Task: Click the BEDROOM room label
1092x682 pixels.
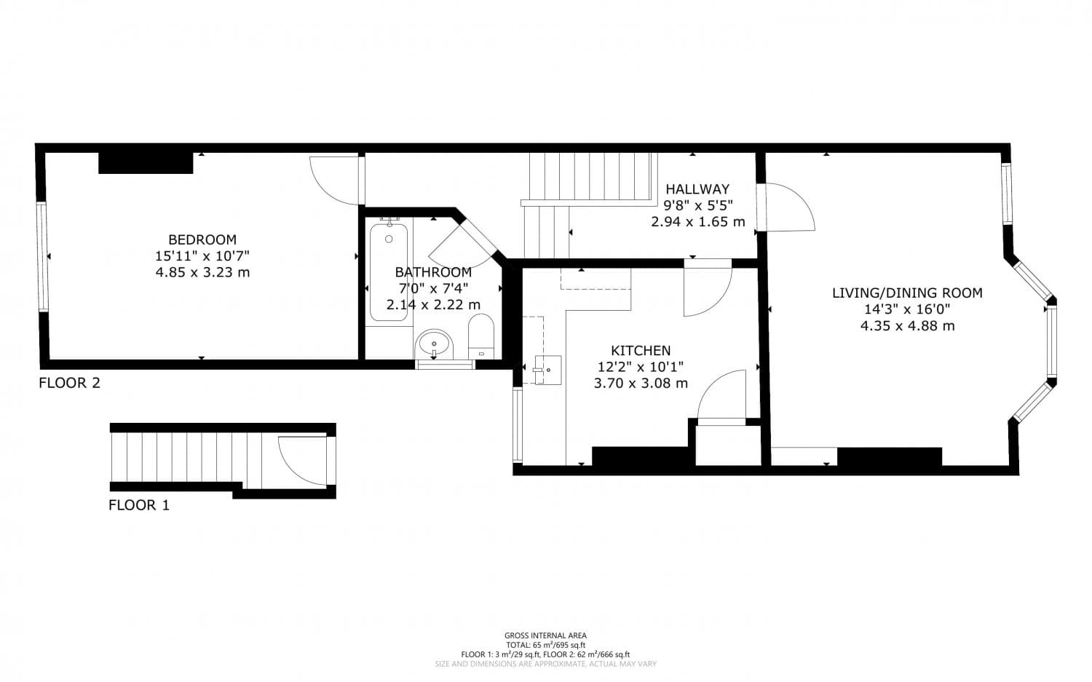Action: (x=202, y=239)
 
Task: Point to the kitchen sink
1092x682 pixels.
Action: (x=546, y=369)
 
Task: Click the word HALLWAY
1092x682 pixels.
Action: (x=697, y=189)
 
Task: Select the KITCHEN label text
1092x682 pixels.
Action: (x=641, y=351)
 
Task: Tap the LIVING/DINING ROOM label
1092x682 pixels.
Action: (x=907, y=293)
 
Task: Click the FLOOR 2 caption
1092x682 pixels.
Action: (x=69, y=383)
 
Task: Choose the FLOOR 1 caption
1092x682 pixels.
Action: (x=139, y=505)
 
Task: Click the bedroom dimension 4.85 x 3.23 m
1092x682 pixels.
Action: (x=202, y=272)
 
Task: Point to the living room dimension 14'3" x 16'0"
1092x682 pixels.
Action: (x=907, y=309)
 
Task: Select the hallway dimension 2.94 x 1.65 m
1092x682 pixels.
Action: (x=697, y=222)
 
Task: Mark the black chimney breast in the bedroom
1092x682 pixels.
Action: (x=146, y=163)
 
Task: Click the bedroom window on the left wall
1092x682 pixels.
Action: (x=41, y=256)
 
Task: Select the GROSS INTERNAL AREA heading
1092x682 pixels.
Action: (x=545, y=635)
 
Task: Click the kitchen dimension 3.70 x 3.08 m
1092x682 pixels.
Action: (x=641, y=384)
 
